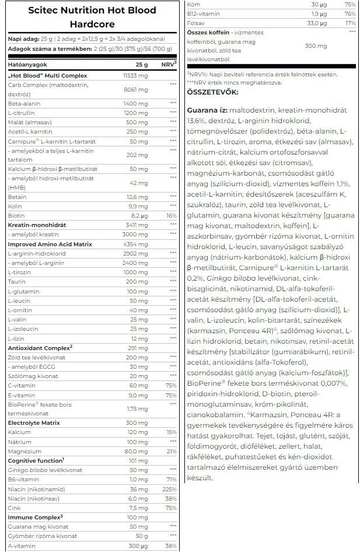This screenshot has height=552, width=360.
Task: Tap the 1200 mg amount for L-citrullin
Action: click(138, 112)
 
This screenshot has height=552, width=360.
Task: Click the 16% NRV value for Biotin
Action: click(171, 215)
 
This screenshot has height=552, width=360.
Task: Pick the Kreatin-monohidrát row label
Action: click(37, 224)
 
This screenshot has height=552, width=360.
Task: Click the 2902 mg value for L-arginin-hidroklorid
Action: click(138, 253)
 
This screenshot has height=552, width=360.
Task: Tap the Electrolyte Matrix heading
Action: click(33, 422)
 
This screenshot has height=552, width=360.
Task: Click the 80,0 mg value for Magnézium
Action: click(138, 450)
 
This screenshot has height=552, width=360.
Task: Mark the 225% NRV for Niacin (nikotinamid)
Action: click(170, 489)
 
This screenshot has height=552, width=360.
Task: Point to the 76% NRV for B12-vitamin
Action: click(351, 14)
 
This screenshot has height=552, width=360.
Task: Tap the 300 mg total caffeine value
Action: click(316, 46)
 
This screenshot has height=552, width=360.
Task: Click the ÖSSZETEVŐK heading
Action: click(212, 92)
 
